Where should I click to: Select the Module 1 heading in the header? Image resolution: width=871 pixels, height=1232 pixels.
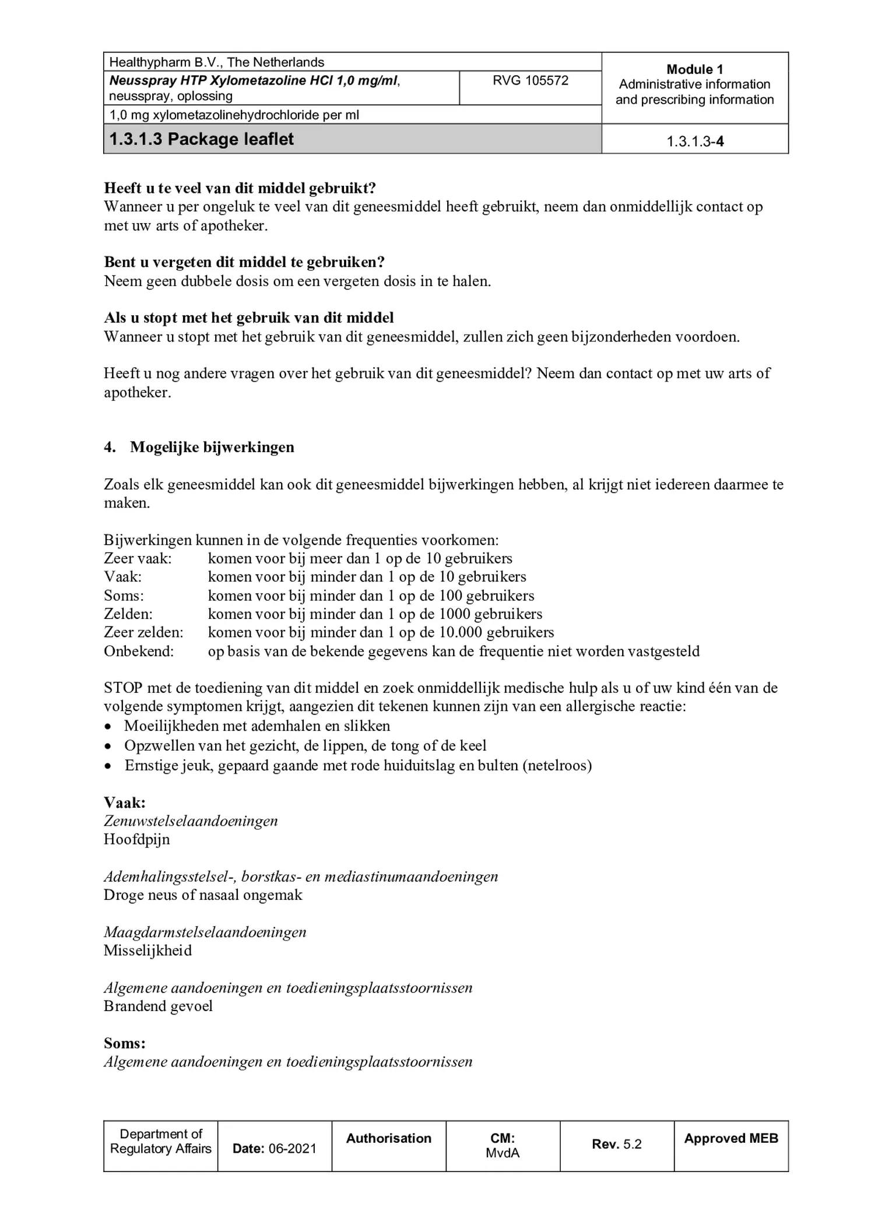point(694,69)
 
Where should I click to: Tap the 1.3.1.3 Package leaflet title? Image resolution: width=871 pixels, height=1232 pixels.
point(202,139)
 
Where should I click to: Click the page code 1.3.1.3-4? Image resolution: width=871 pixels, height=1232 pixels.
point(695,142)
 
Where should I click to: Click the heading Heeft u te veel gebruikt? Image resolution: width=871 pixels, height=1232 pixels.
point(240,188)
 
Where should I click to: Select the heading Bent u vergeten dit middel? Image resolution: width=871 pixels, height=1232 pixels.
point(244,262)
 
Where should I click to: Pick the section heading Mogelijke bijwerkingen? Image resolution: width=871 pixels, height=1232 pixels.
point(212,447)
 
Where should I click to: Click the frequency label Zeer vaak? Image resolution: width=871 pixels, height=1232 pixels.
point(138,558)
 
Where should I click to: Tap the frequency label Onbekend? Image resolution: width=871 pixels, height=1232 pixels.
point(139,651)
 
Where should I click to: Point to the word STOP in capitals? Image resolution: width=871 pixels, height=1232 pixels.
point(123,688)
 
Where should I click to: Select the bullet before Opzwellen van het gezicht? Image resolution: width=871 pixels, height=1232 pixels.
point(107,746)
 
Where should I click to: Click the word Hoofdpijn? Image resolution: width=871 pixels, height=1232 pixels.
point(137,839)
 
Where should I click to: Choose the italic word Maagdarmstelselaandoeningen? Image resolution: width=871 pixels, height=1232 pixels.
point(205,932)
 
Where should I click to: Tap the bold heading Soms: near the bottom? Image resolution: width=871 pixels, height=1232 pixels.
point(125,1043)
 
